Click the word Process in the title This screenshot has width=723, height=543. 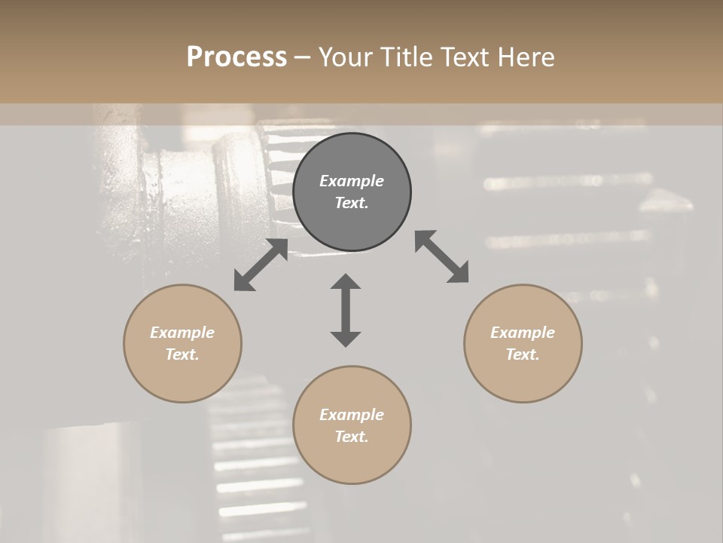[236, 57]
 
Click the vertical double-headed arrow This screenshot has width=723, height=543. [346, 310]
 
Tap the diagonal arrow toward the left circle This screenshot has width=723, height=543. [261, 265]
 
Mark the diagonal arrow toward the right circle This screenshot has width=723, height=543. [442, 256]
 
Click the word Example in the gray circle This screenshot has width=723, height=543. [352, 181]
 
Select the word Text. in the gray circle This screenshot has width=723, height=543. [352, 203]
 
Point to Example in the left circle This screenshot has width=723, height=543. [182, 333]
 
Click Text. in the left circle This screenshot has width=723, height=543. [182, 354]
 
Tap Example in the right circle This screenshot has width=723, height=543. [523, 333]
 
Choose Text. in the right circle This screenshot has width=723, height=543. [523, 354]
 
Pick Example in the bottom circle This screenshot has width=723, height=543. [352, 415]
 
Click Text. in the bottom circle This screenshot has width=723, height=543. [352, 437]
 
